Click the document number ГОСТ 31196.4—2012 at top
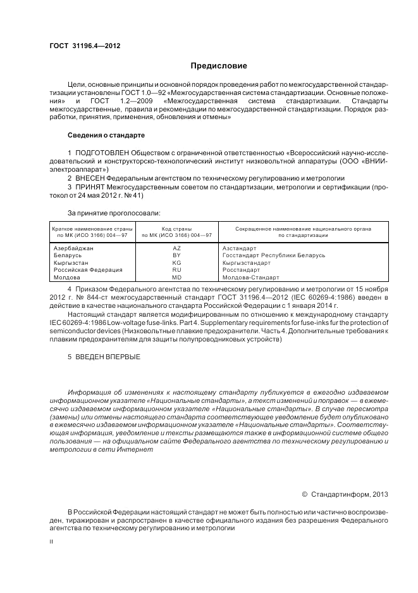(85, 46)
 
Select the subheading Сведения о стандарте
(106, 136)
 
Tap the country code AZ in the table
(176, 248)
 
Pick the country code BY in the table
(176, 255)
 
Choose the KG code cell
(176, 262)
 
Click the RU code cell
(176, 270)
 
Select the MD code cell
(176, 277)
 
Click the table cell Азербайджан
(74, 248)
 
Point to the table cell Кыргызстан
(71, 262)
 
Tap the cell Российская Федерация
(87, 270)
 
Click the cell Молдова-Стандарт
(247, 277)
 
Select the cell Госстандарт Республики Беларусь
(274, 255)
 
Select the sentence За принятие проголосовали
(114, 213)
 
